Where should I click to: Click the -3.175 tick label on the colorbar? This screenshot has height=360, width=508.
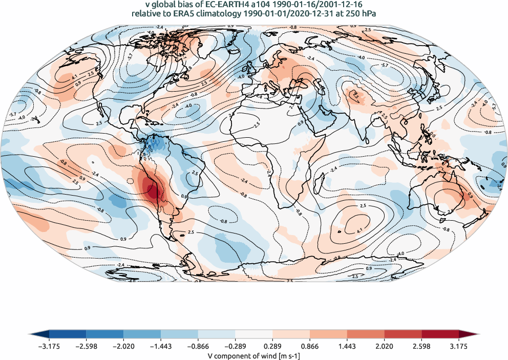(49, 346)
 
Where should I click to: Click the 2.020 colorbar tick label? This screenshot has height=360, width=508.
(384, 346)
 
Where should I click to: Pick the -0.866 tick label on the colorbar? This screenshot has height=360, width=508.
(198, 346)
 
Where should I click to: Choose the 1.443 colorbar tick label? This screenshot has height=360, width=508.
(347, 346)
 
